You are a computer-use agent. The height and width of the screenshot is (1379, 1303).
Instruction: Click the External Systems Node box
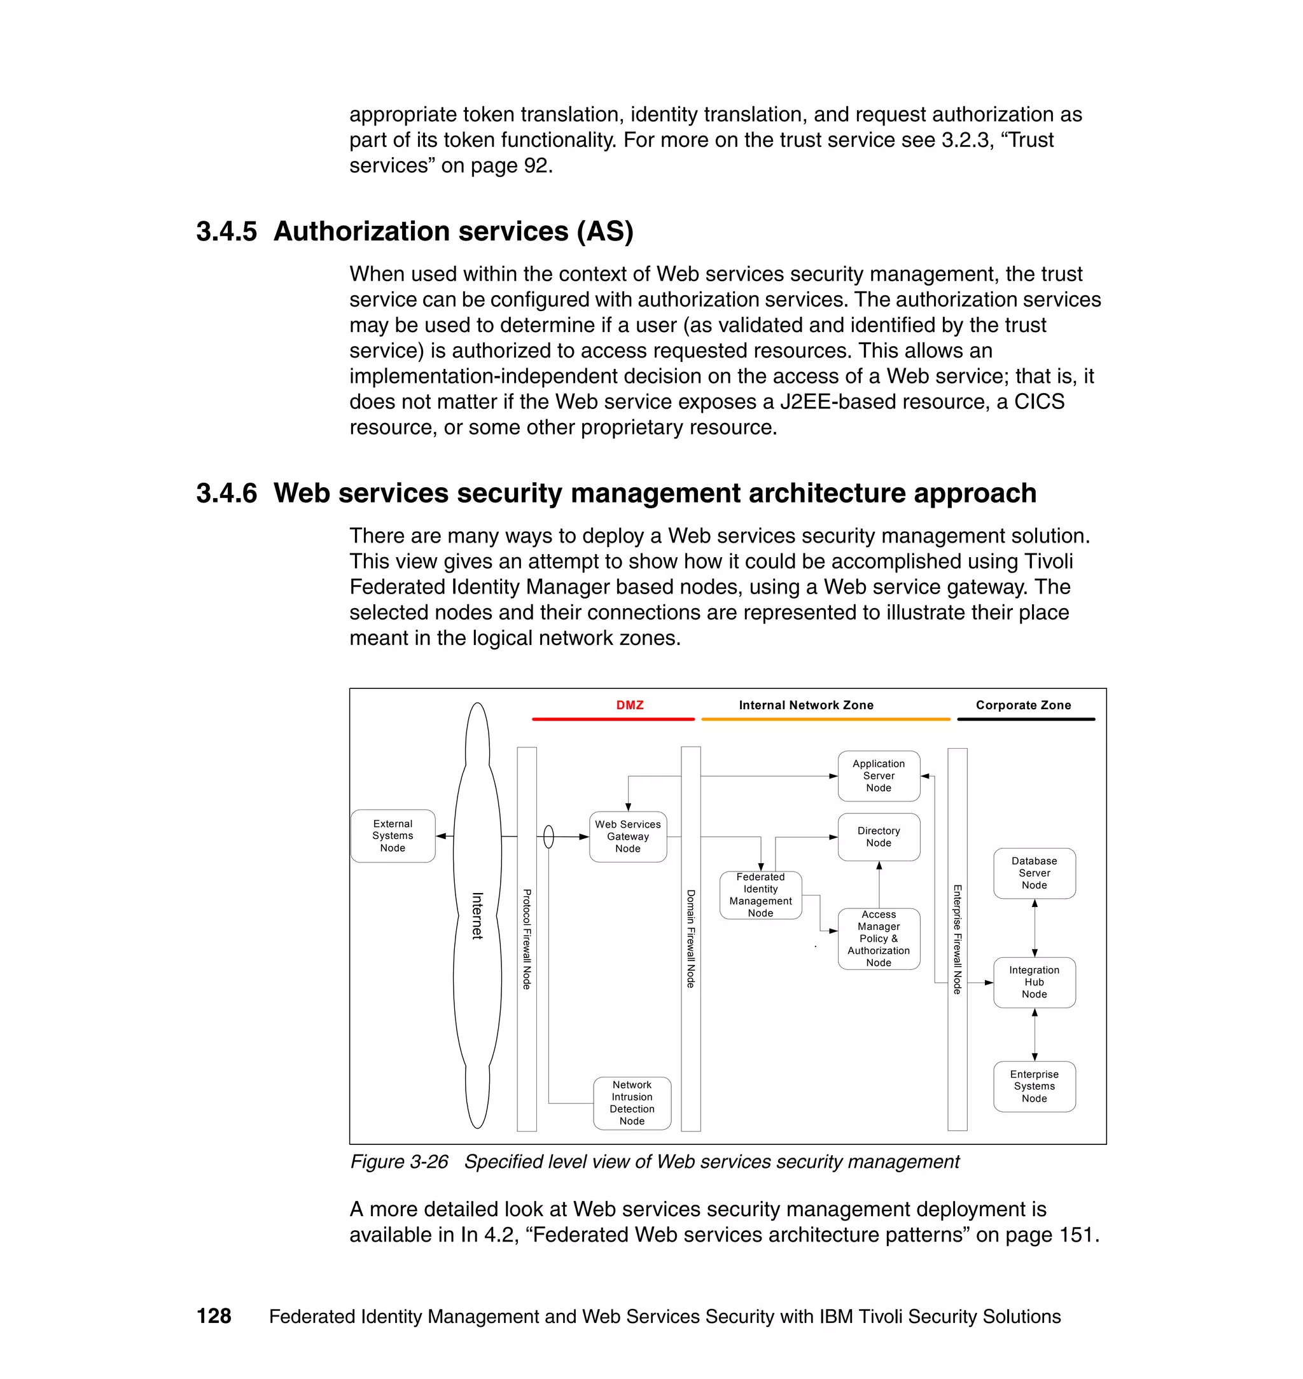tap(393, 835)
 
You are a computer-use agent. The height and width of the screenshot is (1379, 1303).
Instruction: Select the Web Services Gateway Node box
tap(627, 836)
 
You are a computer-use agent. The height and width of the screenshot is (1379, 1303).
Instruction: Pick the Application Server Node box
tap(878, 775)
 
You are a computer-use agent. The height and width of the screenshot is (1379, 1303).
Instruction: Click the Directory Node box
tap(878, 836)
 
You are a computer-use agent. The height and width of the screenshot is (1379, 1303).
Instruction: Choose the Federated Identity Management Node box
tap(760, 894)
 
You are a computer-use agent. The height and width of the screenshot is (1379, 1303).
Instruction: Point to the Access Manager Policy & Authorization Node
tap(878, 938)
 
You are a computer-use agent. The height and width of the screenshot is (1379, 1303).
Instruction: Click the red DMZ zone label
tap(629, 705)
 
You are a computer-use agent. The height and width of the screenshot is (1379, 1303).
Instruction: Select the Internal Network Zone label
tap(805, 705)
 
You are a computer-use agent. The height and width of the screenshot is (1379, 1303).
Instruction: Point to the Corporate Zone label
tap(1022, 705)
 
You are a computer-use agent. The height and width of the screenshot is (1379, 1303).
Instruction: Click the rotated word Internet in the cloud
tap(477, 915)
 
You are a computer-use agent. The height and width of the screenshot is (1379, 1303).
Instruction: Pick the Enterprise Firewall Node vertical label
tap(957, 938)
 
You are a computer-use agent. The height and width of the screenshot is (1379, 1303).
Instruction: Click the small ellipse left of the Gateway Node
tap(548, 836)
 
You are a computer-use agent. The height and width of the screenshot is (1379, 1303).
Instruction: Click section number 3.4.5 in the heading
tap(226, 232)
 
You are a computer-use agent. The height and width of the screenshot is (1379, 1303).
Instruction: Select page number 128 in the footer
tap(214, 1316)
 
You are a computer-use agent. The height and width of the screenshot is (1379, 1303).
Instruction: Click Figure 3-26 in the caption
tap(399, 1161)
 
